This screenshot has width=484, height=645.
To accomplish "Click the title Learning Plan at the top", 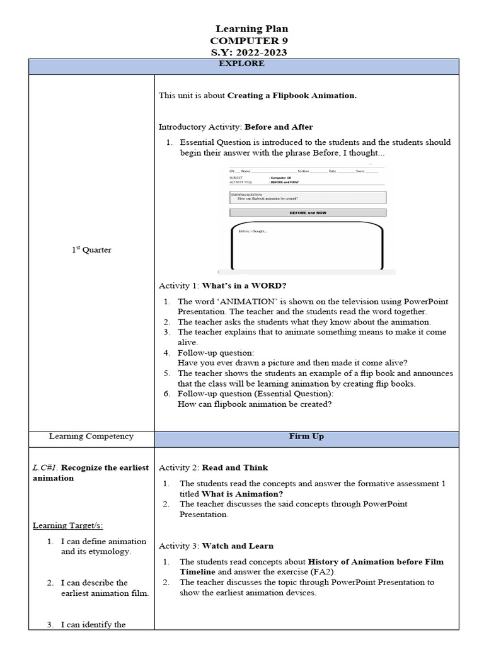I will point(251,29).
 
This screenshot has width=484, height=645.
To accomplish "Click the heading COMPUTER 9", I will point(251,40).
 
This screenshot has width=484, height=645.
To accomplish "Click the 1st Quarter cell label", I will point(91,250).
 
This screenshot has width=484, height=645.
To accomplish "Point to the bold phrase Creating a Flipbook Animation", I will point(292,96).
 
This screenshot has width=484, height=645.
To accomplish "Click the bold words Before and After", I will point(279,127).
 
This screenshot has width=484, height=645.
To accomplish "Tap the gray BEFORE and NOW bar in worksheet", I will point(308,213).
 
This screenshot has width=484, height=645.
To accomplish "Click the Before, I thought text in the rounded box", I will point(253,231).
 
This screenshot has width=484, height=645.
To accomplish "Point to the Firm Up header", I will point(306,437).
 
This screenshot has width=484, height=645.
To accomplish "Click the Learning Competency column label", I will point(91,437).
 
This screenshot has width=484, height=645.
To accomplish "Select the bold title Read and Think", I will point(234,467).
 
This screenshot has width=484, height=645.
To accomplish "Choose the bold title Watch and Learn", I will point(238,545).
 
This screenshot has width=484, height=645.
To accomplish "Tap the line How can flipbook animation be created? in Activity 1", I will point(255,404).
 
